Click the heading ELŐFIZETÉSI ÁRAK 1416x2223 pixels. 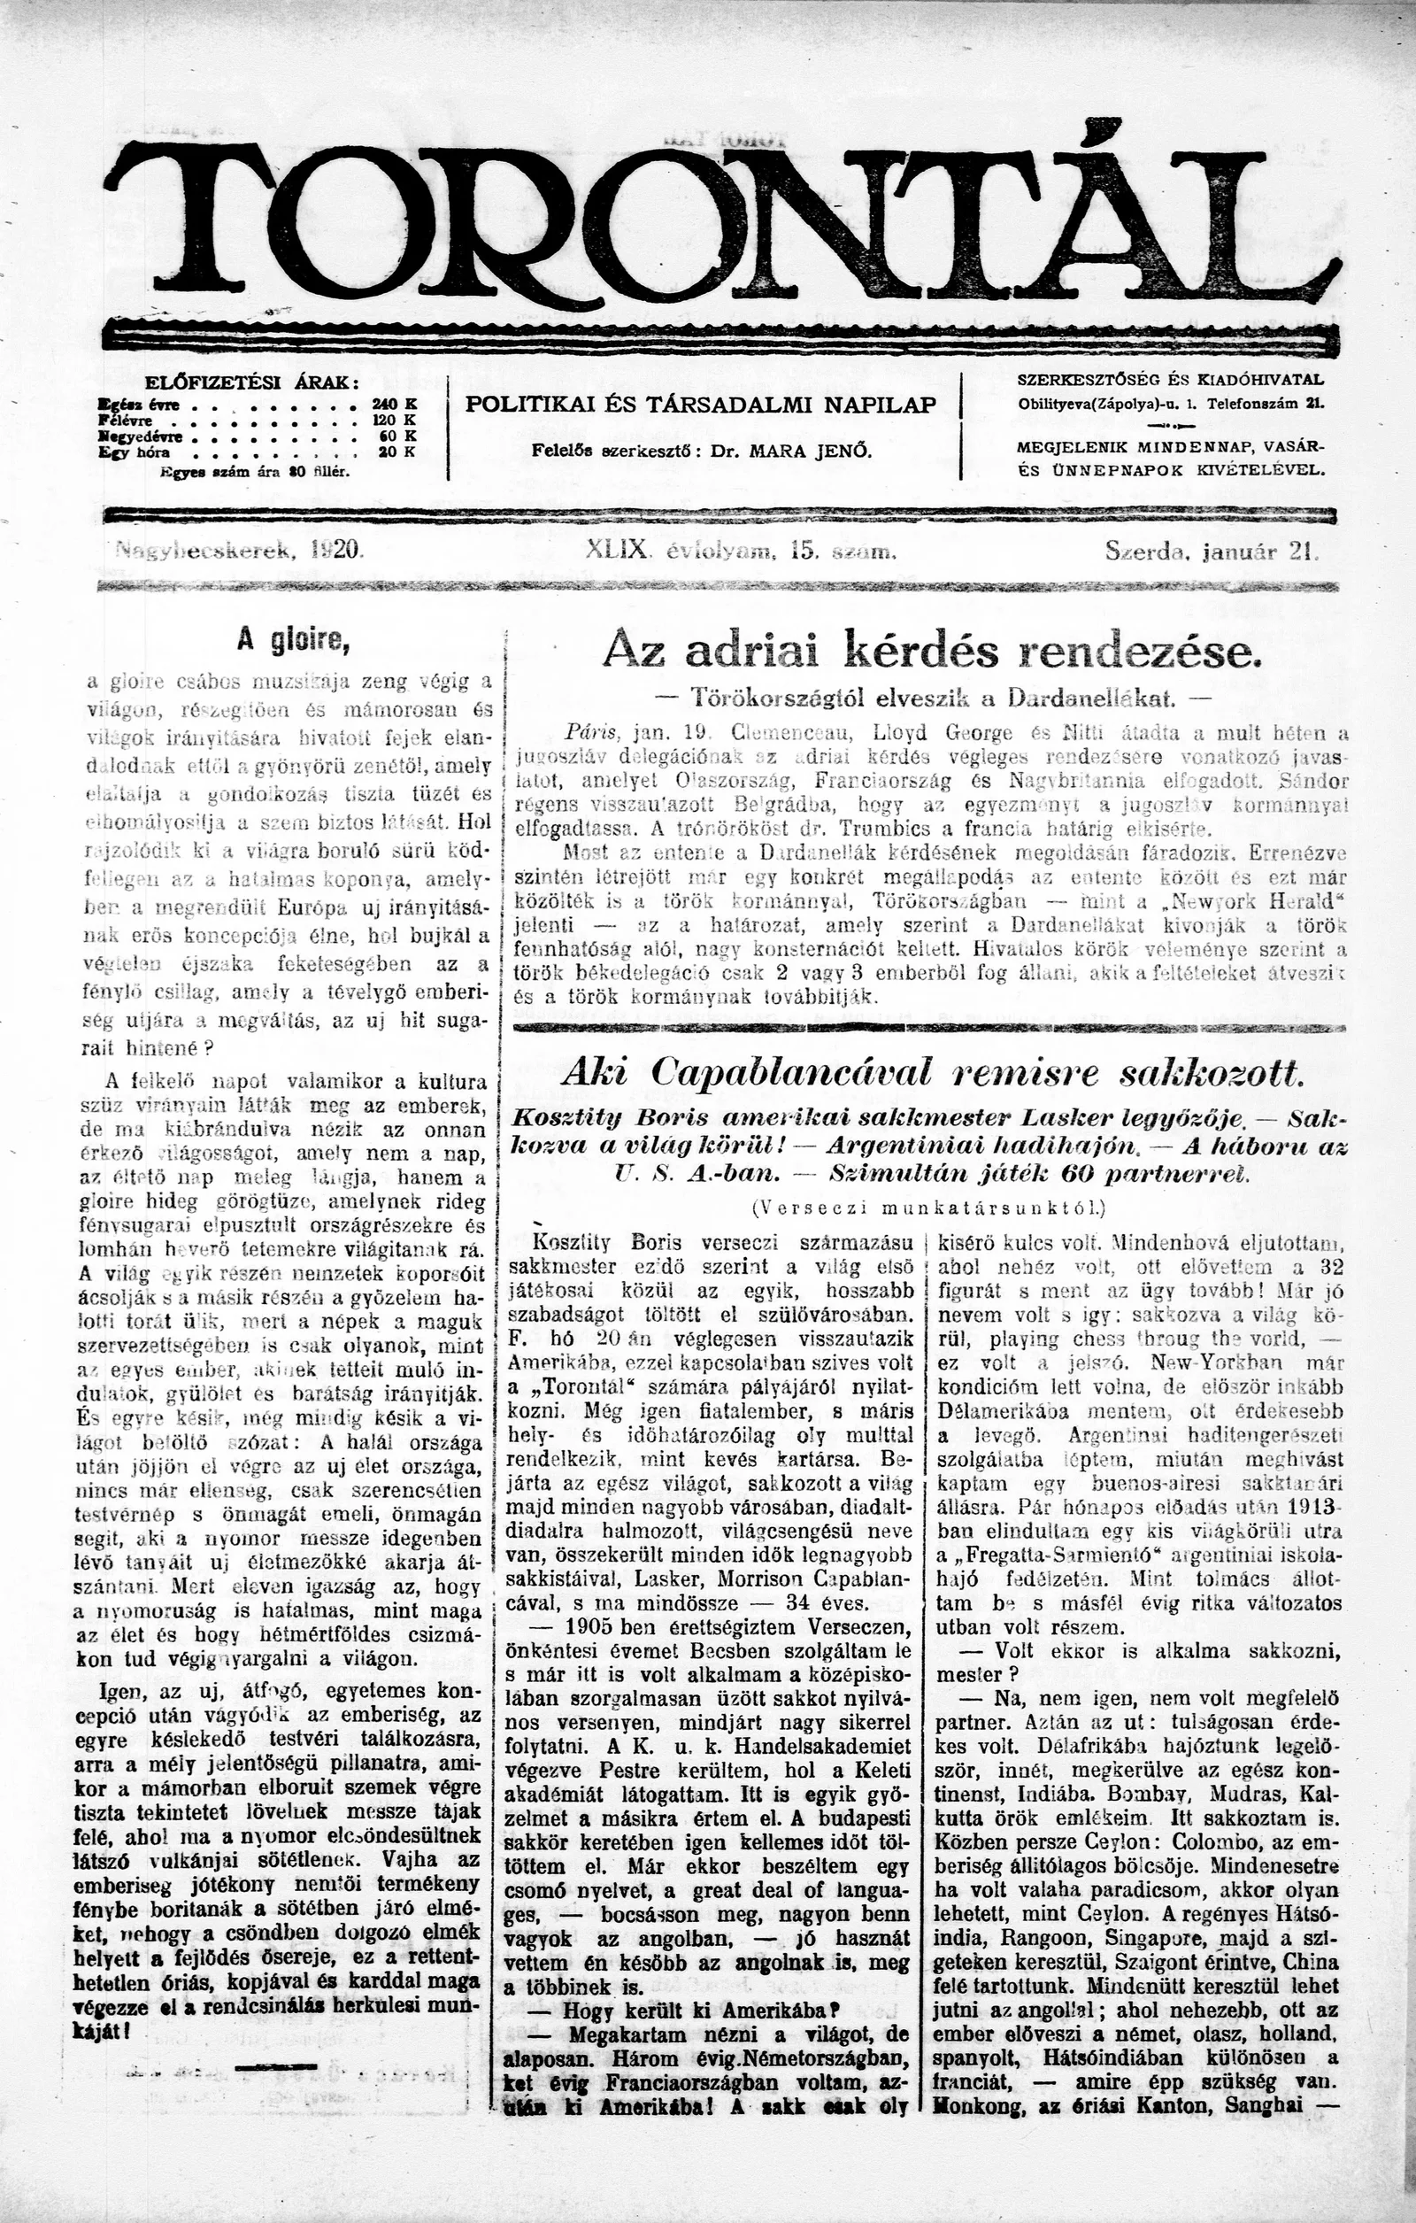point(251,383)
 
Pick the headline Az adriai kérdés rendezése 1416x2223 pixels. point(930,652)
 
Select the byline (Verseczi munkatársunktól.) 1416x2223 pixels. point(929,1207)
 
